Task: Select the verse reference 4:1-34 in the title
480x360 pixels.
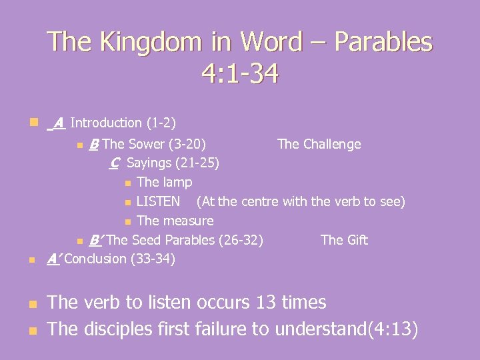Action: (239, 73)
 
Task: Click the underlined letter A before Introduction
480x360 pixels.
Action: (59, 123)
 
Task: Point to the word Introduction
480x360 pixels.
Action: (105, 123)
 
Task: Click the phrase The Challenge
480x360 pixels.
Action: (319, 144)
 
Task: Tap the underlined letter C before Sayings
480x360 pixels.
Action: (115, 163)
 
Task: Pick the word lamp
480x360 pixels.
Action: (177, 182)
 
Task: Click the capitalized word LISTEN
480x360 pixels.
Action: (158, 201)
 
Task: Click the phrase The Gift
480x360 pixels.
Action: (344, 240)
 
